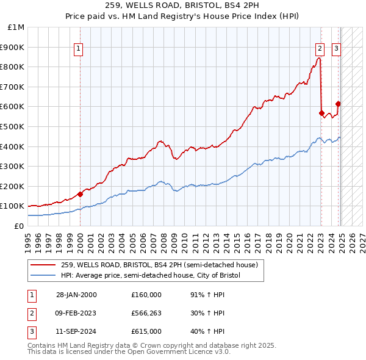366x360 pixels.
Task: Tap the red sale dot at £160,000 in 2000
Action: (x=81, y=194)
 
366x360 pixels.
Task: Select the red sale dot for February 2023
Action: (x=321, y=113)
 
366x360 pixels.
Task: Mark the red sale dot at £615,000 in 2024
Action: (x=339, y=104)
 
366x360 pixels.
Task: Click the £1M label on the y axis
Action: (x=16, y=27)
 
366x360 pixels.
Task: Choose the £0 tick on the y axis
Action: (x=20, y=226)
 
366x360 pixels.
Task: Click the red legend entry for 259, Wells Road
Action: (x=159, y=265)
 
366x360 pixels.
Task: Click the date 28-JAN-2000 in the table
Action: (x=76, y=295)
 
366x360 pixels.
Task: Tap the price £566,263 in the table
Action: (x=146, y=313)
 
